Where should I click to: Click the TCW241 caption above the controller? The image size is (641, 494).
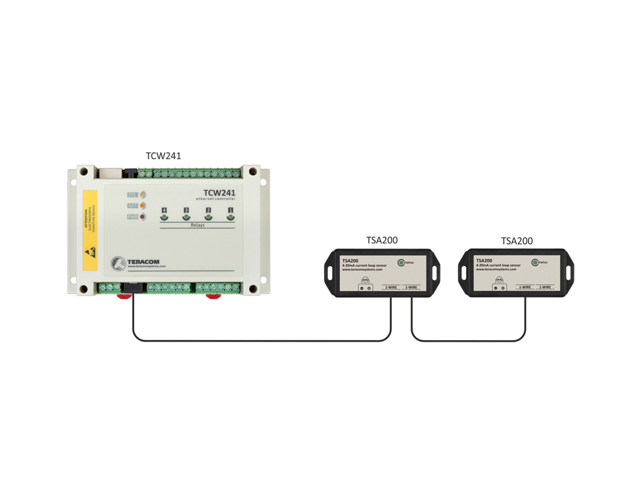click(x=163, y=156)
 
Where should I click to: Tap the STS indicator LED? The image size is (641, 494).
click(x=143, y=195)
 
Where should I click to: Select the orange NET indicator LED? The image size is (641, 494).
click(x=143, y=206)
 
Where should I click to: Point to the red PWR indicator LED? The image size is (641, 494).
click(x=143, y=217)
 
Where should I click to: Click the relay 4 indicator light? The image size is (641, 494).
click(x=164, y=217)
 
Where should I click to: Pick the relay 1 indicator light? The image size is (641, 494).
click(x=230, y=217)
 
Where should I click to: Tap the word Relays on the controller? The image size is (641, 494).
click(x=197, y=225)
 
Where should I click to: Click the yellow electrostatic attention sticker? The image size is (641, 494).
click(x=90, y=230)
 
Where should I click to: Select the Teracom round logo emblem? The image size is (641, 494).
click(x=118, y=263)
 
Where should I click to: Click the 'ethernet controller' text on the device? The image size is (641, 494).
click(x=216, y=199)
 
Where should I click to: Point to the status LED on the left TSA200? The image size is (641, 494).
click(x=401, y=263)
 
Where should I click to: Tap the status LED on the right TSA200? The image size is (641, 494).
click(x=535, y=263)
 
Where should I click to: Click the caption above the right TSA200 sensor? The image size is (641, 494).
click(x=517, y=241)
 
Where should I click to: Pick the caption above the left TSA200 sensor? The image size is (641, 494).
click(x=382, y=240)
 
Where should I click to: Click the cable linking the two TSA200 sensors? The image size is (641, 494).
click(x=467, y=341)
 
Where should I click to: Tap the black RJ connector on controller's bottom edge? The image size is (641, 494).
click(x=133, y=288)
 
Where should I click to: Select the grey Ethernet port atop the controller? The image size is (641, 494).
click(x=110, y=173)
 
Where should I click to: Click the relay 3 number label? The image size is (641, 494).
click(x=186, y=210)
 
